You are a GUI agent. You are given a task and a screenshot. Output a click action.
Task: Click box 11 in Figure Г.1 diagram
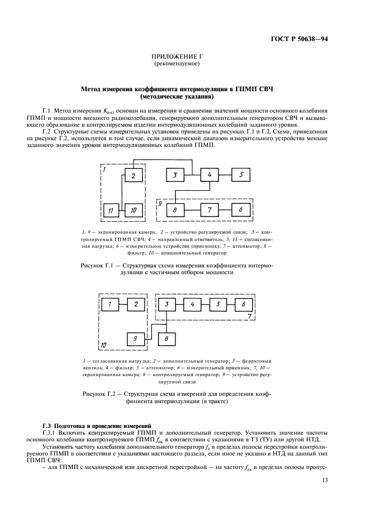tap(110, 210)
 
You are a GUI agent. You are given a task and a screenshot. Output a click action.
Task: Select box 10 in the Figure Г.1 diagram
tap(133, 210)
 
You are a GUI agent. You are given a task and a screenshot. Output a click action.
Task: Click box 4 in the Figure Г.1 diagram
tap(209, 175)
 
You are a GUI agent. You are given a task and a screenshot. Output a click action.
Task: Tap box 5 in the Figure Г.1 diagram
tap(241, 175)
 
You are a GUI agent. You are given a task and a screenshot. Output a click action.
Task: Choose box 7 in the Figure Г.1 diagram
tap(209, 209)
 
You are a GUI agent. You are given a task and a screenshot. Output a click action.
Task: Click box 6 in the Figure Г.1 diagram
tap(241, 209)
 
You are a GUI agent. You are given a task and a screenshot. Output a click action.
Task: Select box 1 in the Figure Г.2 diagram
tap(111, 305)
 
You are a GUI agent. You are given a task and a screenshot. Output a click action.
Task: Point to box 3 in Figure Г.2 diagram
tap(167, 305)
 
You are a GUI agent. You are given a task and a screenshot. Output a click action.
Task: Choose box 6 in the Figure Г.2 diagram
tap(243, 305)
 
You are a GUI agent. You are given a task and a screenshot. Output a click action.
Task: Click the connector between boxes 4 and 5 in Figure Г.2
tap(205, 305)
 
